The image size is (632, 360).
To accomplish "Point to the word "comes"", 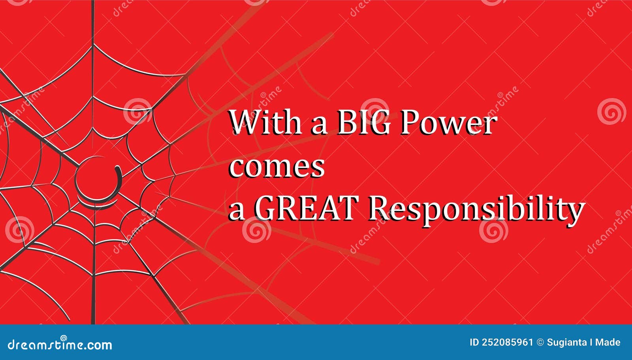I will [x=276, y=167].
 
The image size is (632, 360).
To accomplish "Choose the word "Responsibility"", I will [x=476, y=209].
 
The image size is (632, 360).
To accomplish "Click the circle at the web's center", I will [x=96, y=179].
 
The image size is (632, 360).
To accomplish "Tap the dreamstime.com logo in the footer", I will [x=60, y=344].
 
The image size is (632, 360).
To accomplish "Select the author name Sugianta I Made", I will [x=583, y=343].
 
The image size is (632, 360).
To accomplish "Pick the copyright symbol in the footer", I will [x=540, y=343].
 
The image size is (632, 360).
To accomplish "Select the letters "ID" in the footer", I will [x=474, y=343].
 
